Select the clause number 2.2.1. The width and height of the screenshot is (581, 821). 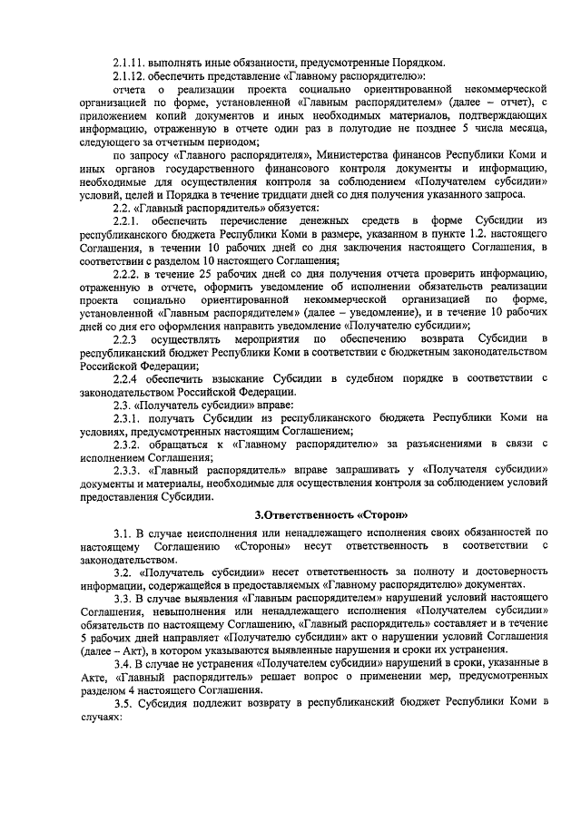tap(128, 221)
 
